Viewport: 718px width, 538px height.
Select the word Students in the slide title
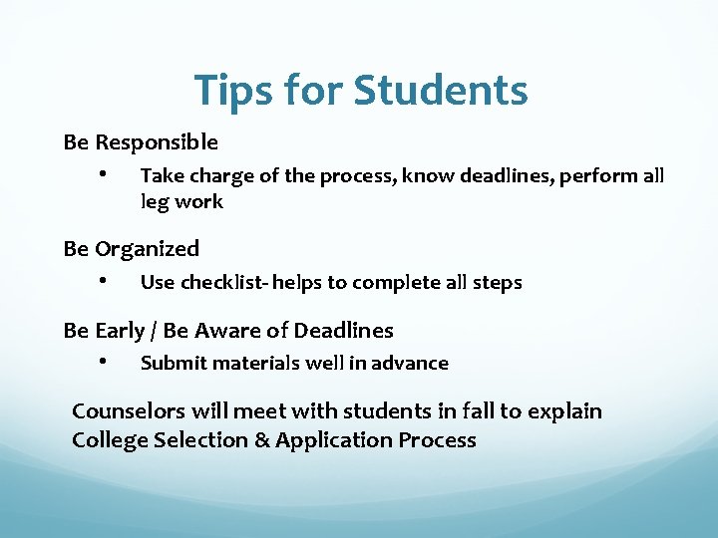click(x=440, y=90)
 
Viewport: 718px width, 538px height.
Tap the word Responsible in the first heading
click(x=157, y=142)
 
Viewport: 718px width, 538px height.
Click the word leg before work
click(x=154, y=203)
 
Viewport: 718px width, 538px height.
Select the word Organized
click(x=148, y=249)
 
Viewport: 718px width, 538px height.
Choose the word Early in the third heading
click(x=121, y=330)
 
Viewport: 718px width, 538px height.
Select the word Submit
click(x=171, y=364)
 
